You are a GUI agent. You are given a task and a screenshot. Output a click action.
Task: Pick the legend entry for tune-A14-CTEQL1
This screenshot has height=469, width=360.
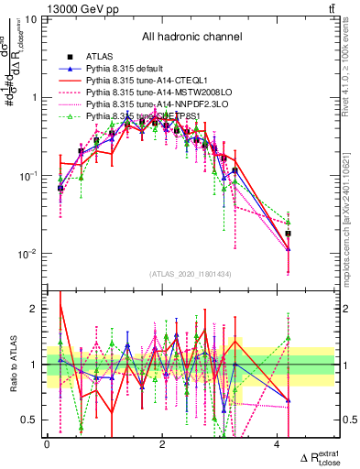145,82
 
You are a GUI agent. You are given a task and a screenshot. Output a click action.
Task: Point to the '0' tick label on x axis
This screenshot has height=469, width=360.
47,444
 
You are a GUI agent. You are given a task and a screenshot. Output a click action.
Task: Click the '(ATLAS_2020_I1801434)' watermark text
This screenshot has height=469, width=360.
191,273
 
